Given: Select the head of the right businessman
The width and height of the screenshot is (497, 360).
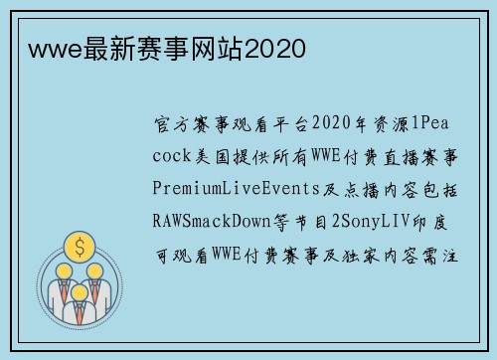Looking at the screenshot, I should click(x=95, y=270).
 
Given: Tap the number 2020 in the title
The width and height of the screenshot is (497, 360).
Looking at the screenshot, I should click(x=275, y=48).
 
